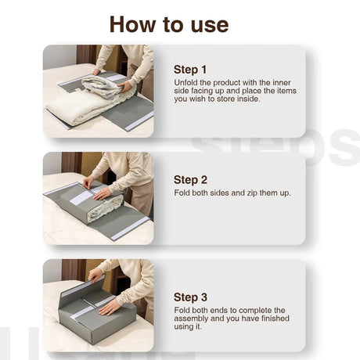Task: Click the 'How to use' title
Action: pos(168,23)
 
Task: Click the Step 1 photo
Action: pos(98,91)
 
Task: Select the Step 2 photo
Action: pos(98,198)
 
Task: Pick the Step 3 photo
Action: pos(98,305)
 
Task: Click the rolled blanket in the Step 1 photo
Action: pos(102,85)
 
